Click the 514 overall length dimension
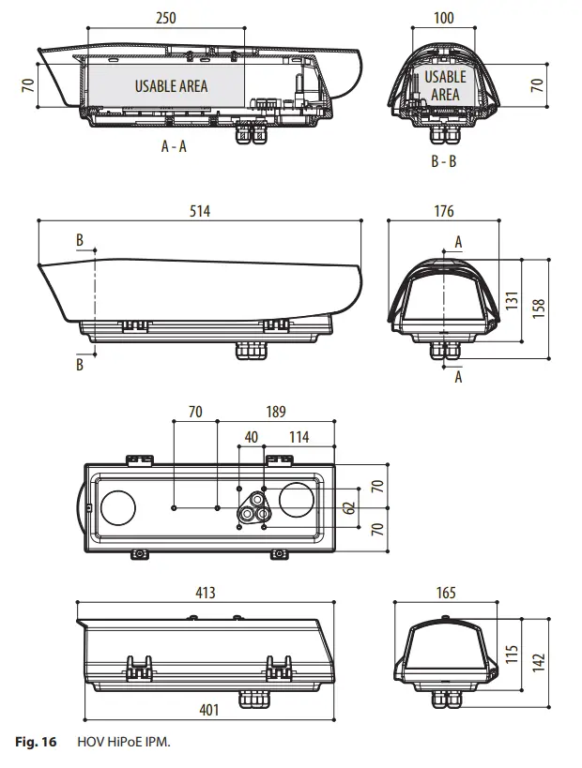click(x=199, y=211)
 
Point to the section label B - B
click(x=443, y=161)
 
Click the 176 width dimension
click(x=444, y=211)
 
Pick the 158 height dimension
click(x=539, y=308)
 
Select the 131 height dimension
click(x=512, y=299)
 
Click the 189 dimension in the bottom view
click(x=276, y=411)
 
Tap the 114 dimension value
click(x=299, y=436)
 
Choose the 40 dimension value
click(x=251, y=436)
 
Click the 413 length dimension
click(x=205, y=593)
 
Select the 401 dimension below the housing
click(x=209, y=710)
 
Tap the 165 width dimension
click(x=446, y=593)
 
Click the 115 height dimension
click(x=512, y=654)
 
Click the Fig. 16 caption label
click(x=36, y=742)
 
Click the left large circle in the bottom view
click(x=119, y=506)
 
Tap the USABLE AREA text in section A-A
click(x=171, y=85)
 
